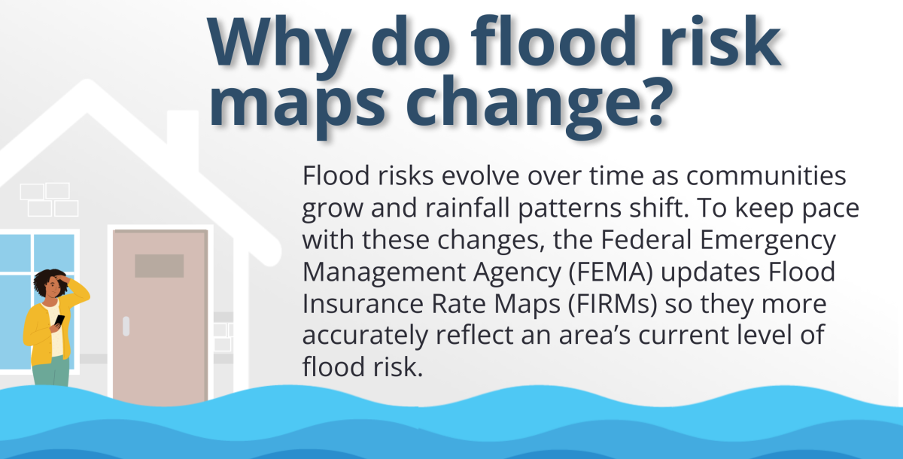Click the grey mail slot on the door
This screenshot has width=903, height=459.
[x=159, y=265]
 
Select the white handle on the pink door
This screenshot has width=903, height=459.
[x=126, y=325]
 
